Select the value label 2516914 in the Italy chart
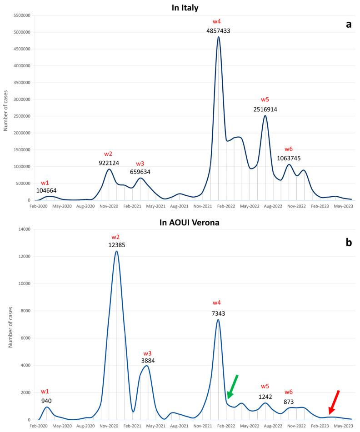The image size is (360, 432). (x=265, y=109)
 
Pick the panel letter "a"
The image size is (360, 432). (x=349, y=25)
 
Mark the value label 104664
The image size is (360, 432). (x=46, y=191)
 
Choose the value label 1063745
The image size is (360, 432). (x=289, y=159)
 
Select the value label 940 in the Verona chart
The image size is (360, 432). (x=46, y=401)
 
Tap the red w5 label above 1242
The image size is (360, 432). (x=265, y=386)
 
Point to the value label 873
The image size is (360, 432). (x=289, y=401)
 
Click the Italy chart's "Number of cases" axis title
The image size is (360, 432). (x=6, y=108)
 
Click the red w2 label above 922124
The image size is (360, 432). (x=109, y=154)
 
